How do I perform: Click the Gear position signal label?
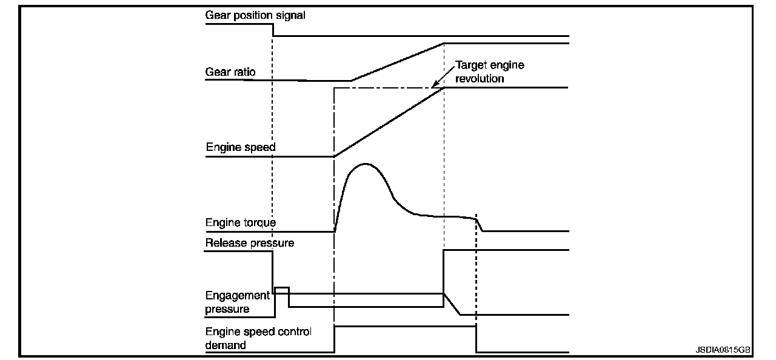(x=255, y=16)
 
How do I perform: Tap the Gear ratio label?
(x=230, y=72)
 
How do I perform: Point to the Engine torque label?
(x=241, y=222)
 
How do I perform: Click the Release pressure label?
(x=250, y=243)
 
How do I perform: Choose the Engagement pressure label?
(x=237, y=302)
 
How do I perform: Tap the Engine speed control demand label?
(x=258, y=339)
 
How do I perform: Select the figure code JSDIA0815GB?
(x=723, y=350)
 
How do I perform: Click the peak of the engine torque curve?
(x=364, y=164)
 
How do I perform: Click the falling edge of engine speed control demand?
(x=476, y=339)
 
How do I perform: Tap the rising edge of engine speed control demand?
(x=335, y=339)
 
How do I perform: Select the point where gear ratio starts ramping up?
(x=351, y=81)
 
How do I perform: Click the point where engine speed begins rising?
(x=335, y=156)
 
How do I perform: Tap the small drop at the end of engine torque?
(x=480, y=225)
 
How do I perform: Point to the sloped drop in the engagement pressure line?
(x=452, y=304)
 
